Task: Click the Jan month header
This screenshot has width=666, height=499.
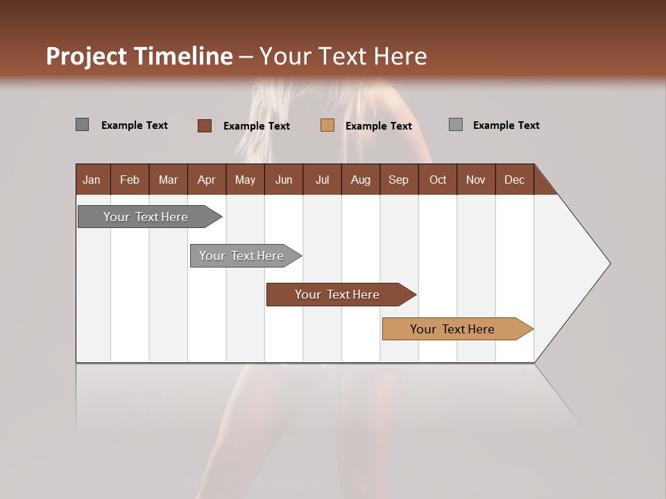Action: pos(92,180)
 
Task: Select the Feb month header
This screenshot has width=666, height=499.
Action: pos(130,180)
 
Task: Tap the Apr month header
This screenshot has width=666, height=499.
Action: pos(206,180)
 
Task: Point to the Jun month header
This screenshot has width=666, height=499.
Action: pos(284,180)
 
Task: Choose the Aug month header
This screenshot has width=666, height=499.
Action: pos(360,180)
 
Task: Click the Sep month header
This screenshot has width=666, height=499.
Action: pos(398,180)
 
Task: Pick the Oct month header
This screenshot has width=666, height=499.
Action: pos(438,180)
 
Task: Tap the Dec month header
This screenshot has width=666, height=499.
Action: pos(514,180)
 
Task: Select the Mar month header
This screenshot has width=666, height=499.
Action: pos(168,180)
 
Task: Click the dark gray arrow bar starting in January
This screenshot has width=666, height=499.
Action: pos(146,217)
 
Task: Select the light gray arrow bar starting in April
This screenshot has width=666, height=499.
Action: pos(241,256)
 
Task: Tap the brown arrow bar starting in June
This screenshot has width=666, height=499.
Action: pos(337,295)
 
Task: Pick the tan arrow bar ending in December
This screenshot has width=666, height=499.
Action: pos(452,329)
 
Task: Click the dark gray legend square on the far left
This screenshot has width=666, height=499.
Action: pos(82,125)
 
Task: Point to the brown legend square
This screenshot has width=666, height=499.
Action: pos(204,125)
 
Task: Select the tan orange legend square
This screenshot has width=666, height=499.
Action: pos(327,125)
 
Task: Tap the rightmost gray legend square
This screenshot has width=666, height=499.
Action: pos(456,125)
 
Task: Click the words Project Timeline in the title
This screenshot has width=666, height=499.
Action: pos(139,56)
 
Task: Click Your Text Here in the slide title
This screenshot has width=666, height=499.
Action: pos(343,56)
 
